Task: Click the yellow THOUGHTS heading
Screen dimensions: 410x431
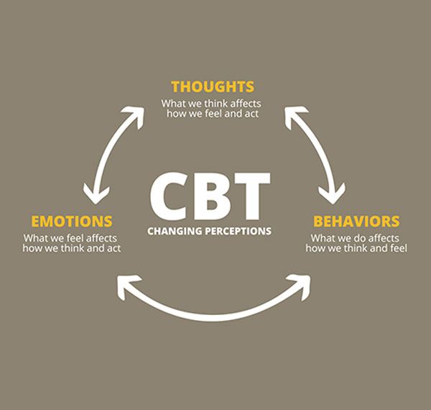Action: tap(213, 87)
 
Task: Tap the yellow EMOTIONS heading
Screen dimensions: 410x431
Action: tap(71, 221)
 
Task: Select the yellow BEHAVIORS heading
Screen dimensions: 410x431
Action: tap(356, 221)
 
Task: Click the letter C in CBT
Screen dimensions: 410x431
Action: tap(170, 196)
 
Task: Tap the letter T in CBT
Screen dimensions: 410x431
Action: tap(251, 196)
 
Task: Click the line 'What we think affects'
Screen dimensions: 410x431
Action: tap(213, 103)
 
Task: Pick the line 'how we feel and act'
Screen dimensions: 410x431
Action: tap(213, 114)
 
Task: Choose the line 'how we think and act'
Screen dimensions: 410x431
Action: tap(72, 249)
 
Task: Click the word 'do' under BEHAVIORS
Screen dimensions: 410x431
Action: tap(362, 238)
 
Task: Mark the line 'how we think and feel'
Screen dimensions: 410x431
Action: tap(357, 249)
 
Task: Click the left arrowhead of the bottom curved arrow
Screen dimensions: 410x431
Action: tap(124, 286)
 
